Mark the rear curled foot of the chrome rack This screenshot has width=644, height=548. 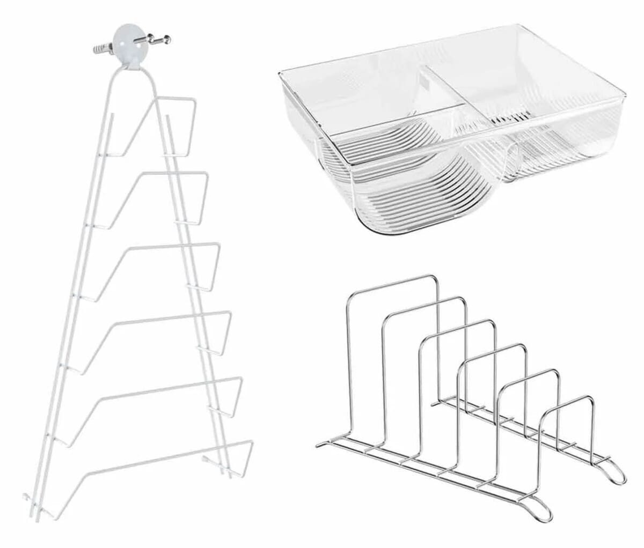(612, 472)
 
